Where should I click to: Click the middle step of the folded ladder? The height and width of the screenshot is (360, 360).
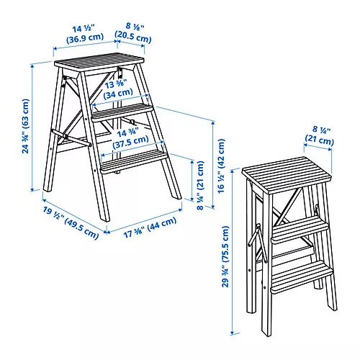tap(299, 233)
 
